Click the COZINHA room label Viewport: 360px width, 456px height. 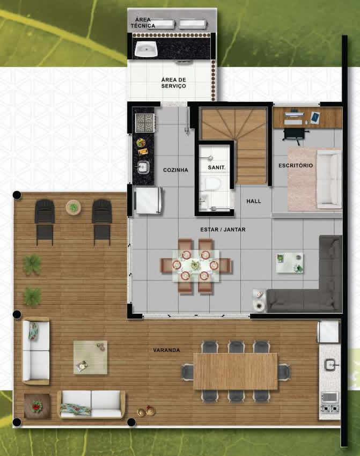(x=175, y=170)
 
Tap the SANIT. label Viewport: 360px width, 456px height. (x=217, y=167)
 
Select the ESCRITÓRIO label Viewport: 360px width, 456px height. (x=296, y=165)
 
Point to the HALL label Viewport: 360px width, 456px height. (x=254, y=201)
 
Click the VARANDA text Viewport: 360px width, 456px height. (x=166, y=350)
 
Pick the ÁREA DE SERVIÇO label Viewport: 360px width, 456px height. (x=174, y=83)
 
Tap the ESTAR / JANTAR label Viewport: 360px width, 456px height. (x=223, y=230)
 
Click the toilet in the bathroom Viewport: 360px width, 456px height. (x=212, y=183)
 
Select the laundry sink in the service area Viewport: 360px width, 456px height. (x=146, y=49)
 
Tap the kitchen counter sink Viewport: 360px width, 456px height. (x=143, y=167)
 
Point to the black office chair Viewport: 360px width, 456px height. (x=295, y=135)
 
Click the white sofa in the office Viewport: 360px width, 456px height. (x=329, y=179)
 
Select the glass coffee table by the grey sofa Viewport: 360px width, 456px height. (x=290, y=263)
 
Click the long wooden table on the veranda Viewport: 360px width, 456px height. (x=236, y=371)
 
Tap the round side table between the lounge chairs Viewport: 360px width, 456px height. (x=74, y=208)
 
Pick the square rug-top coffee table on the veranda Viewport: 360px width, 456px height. (x=90, y=357)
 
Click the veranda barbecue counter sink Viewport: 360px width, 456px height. (x=330, y=364)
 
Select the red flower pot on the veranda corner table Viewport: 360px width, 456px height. (x=36, y=406)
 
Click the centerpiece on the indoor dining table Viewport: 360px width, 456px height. (x=195, y=265)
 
